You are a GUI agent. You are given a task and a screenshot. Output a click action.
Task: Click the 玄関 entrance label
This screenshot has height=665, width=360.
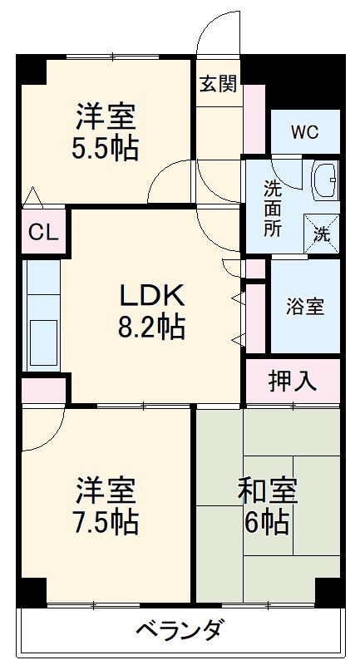[x=219, y=83]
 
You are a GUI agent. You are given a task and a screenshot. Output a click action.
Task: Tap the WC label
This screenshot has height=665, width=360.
[x=305, y=132]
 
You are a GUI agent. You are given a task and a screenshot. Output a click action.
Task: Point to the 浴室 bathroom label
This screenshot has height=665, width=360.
[x=305, y=306]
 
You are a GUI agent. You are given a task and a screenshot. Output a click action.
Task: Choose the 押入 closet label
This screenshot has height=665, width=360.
[x=293, y=380]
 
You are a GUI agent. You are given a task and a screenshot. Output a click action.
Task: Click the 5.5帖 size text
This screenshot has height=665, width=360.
[x=106, y=148]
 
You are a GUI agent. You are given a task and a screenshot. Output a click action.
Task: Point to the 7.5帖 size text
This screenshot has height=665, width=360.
[x=106, y=522]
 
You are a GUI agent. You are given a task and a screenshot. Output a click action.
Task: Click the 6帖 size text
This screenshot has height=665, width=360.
[x=268, y=522]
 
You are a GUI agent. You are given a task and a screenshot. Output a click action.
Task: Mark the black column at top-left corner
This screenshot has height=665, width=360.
[x=32, y=69]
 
